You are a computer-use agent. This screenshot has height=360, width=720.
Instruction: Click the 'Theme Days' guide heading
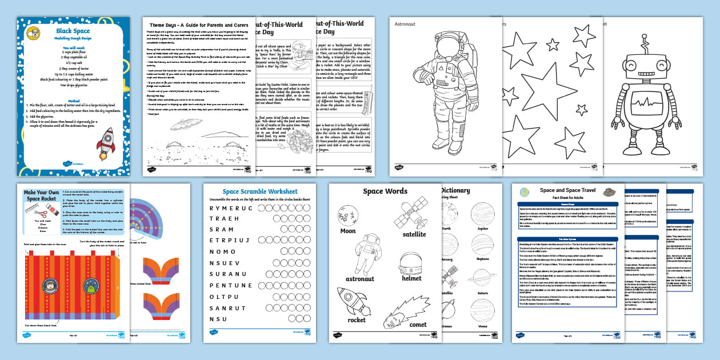[199, 26]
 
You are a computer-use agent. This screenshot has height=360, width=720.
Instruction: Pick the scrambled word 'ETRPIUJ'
[231, 241]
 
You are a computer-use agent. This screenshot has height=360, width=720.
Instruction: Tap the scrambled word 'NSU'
[218, 319]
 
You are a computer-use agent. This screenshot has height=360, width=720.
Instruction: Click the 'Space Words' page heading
[385, 191]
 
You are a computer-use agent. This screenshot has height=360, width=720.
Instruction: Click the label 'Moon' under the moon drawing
[348, 231]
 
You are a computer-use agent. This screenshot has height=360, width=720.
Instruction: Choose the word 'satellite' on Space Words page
[414, 234]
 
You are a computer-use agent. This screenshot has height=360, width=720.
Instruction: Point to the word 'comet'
[418, 325]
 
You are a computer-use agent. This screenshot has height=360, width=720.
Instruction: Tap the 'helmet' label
[411, 278]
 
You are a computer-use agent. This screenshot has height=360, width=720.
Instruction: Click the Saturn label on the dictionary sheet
[483, 293]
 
